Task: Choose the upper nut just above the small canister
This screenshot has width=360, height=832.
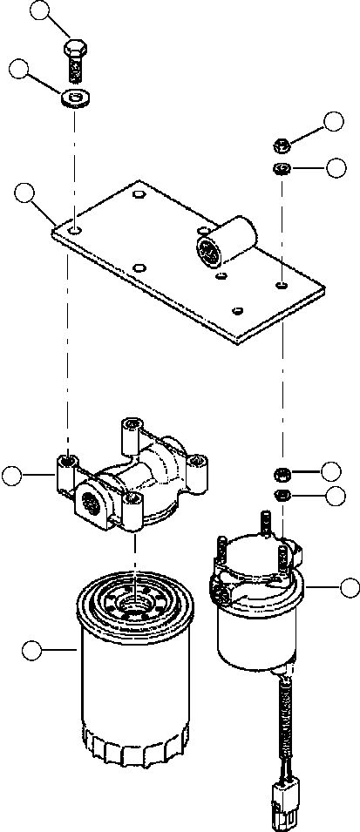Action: tap(282, 474)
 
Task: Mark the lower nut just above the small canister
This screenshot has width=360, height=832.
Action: tap(282, 496)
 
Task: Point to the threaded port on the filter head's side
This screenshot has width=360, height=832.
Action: tap(91, 503)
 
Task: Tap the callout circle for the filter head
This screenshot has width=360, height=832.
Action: tap(12, 475)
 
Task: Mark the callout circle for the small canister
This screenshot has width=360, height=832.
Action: tap(350, 587)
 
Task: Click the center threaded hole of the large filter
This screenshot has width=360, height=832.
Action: tap(131, 602)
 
